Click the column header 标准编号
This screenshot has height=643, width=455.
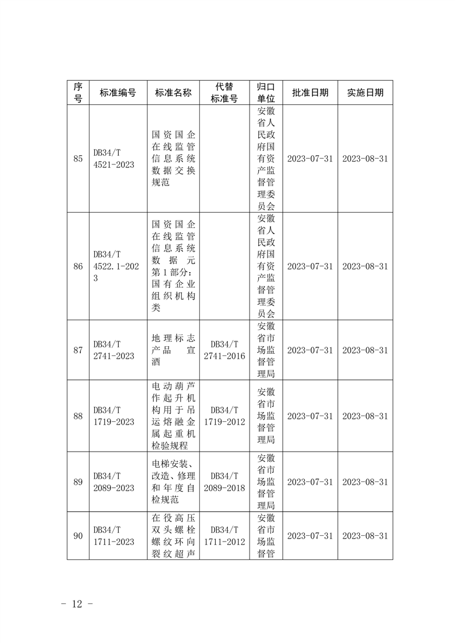coord(118,93)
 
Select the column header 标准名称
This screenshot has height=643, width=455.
coord(173,93)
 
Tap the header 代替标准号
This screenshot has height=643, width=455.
coord(224,93)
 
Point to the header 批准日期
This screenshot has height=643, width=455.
coord(310,93)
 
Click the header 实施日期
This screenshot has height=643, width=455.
coord(365,93)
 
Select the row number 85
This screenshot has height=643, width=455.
coord(78,159)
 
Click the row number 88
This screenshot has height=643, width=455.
coord(78,416)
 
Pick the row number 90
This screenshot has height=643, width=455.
coord(78,536)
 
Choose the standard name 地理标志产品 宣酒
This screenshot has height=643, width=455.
coord(173,350)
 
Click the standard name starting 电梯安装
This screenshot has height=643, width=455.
coord(173,482)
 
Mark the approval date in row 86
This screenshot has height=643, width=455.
coord(310,266)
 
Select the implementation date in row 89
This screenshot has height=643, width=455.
coord(365,482)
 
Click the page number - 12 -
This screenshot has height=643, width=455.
coord(76,604)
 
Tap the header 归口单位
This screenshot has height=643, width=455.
coord(266,93)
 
